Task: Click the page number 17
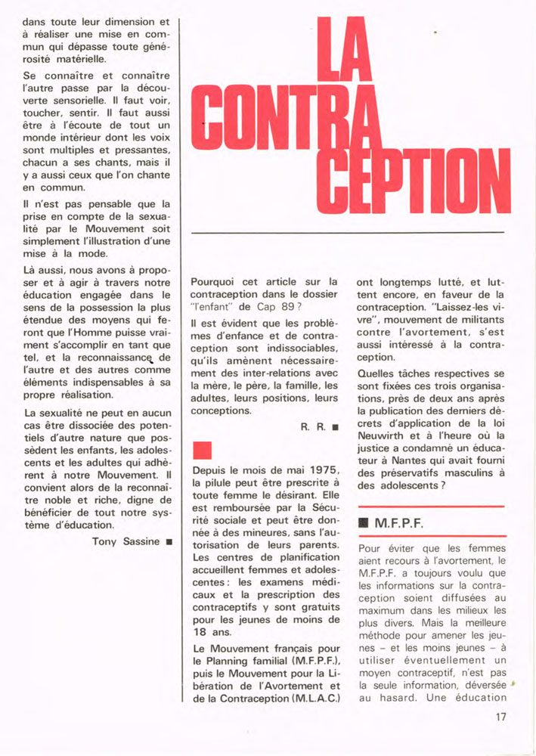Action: pyautogui.click(x=500, y=717)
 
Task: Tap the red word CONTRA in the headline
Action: pyautogui.click(x=287, y=119)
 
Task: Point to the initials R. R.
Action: pyautogui.click(x=313, y=427)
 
